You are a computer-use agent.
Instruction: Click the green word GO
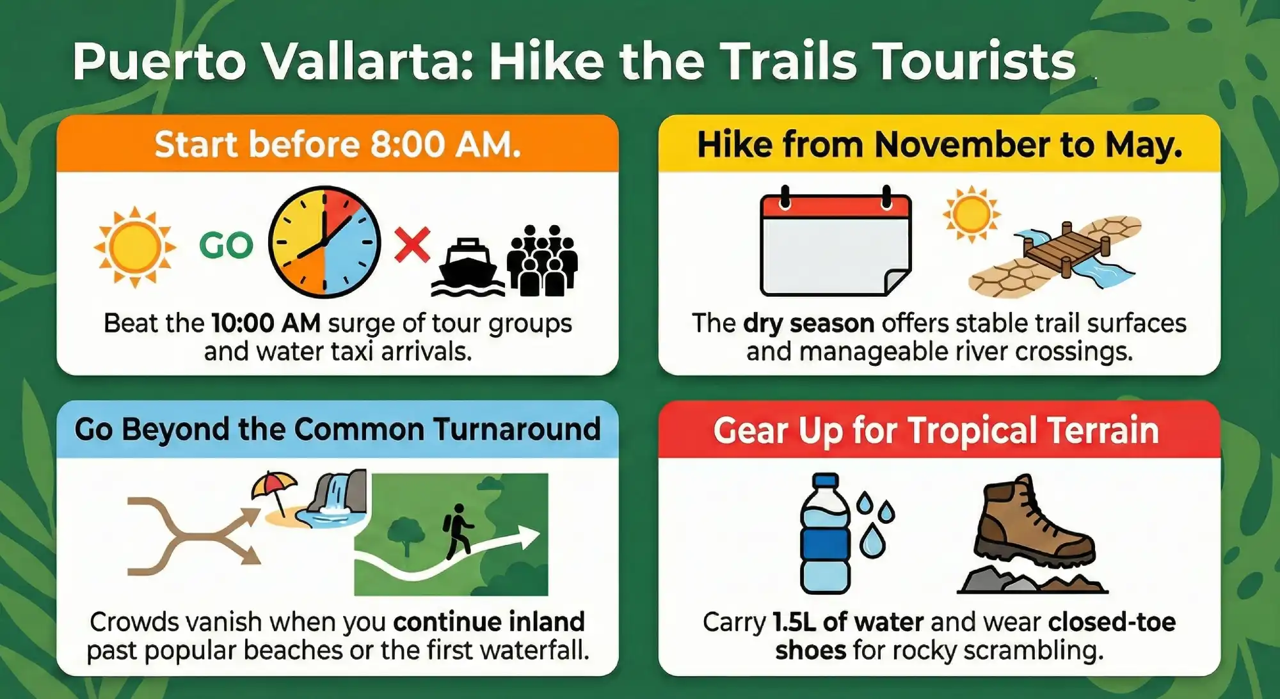click(x=227, y=245)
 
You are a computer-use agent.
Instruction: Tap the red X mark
click(x=412, y=245)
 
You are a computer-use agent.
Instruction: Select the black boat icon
click(x=468, y=267)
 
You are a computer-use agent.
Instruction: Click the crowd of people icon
click(x=542, y=260)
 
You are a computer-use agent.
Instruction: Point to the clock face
click(x=324, y=242)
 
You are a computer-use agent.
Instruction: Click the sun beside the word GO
click(x=134, y=247)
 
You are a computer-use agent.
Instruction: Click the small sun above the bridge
click(x=972, y=214)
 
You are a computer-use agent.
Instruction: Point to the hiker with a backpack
click(x=458, y=531)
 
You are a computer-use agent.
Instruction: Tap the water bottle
click(x=826, y=533)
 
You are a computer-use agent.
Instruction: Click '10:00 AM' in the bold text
click(x=266, y=324)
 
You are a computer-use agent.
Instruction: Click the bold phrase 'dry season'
click(x=809, y=324)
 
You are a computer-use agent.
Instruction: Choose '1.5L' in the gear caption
click(x=794, y=622)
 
